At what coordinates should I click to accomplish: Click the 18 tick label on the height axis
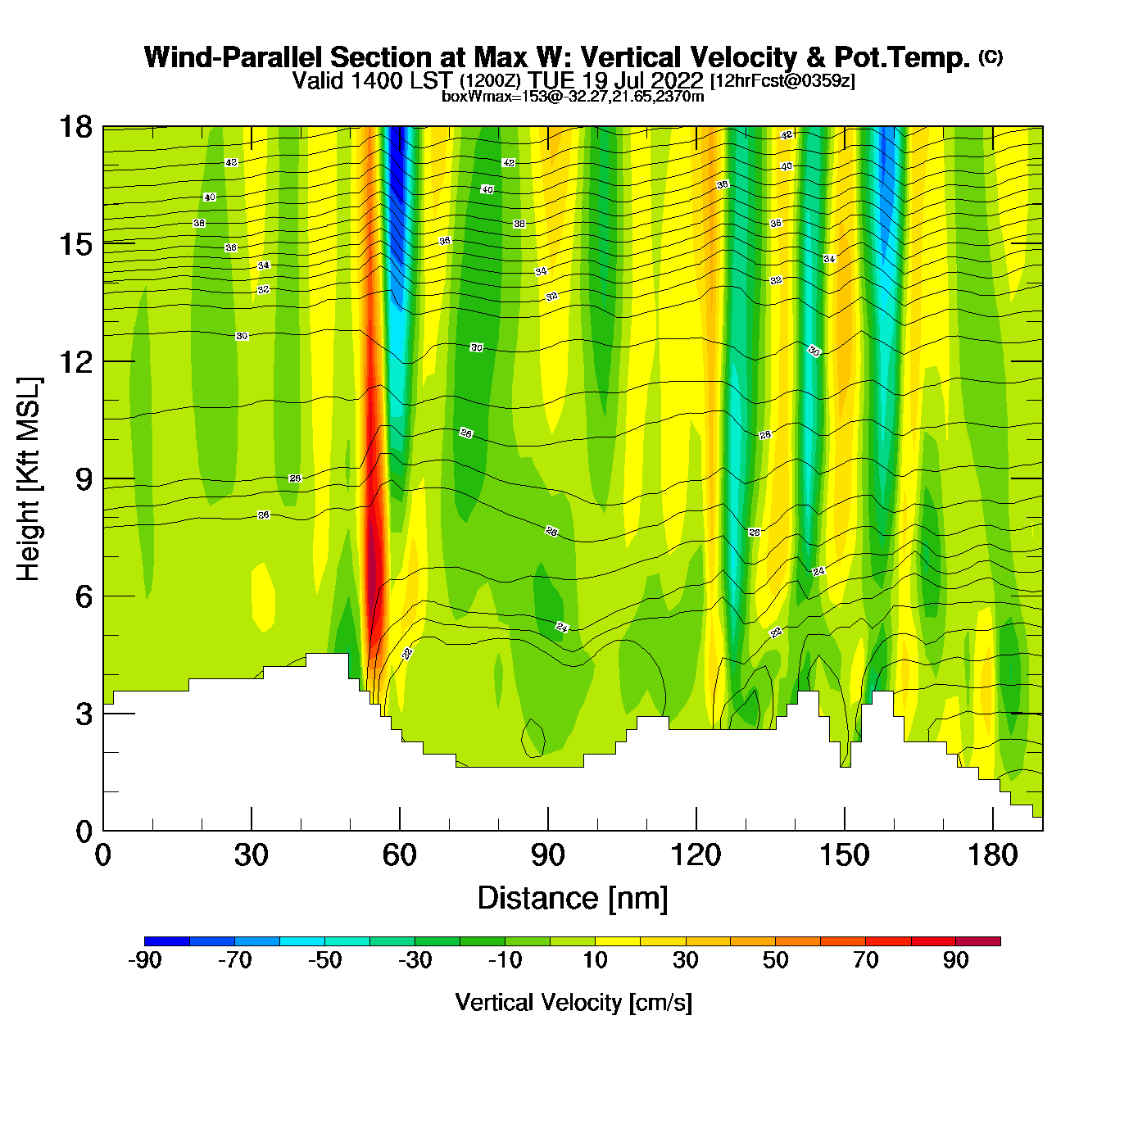pyautogui.click(x=75, y=127)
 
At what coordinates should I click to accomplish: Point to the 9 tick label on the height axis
pyautogui.click(x=84, y=479)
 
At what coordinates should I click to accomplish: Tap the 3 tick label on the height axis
pyautogui.click(x=84, y=714)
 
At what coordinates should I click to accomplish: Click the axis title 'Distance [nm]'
pyautogui.click(x=573, y=899)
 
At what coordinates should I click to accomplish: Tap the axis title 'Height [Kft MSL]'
pyautogui.click(x=29, y=479)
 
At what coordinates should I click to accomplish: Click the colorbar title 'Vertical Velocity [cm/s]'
pyautogui.click(x=573, y=1003)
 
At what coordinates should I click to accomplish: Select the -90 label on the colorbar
pyautogui.click(x=145, y=960)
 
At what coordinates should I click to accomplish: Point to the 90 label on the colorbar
pyautogui.click(x=955, y=960)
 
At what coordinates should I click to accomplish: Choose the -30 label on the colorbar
pyautogui.click(x=415, y=960)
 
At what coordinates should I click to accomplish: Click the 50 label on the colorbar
pyautogui.click(x=775, y=960)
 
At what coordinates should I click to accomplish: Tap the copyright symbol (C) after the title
pyautogui.click(x=991, y=57)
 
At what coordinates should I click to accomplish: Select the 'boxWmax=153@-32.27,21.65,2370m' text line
pyautogui.click(x=573, y=97)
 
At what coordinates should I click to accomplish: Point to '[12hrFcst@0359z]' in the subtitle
pyautogui.click(x=782, y=80)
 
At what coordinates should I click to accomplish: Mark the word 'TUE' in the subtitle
pyautogui.click(x=551, y=80)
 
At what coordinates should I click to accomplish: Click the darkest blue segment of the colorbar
pyautogui.click(x=167, y=941)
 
